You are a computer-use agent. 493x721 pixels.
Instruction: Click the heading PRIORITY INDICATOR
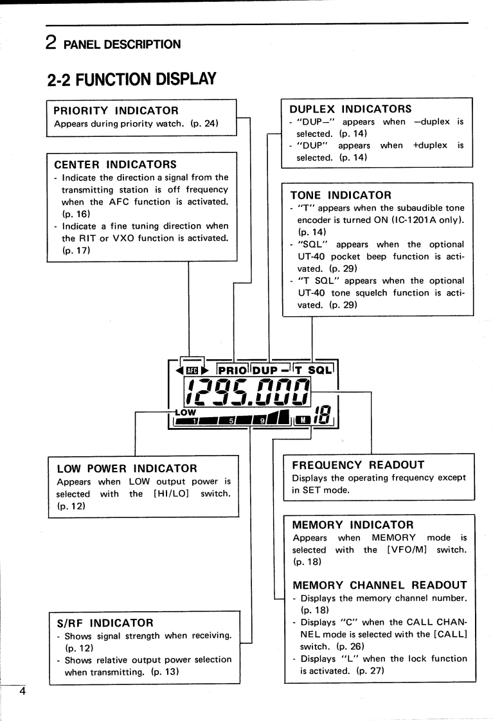116,111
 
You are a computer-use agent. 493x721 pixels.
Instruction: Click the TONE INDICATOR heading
341,194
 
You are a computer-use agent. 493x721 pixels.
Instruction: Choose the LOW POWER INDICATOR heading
127,468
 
